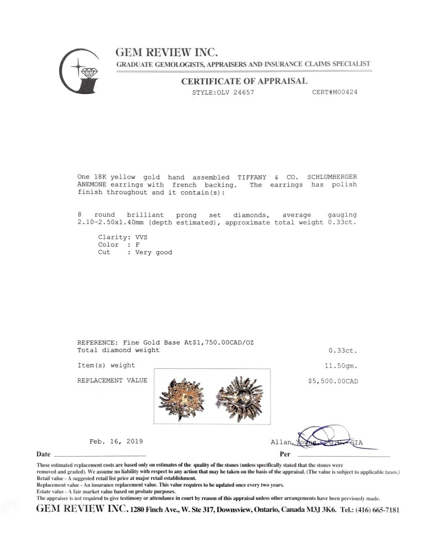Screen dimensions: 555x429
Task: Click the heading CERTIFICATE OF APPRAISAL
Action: click(244, 81)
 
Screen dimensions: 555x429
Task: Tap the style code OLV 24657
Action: click(235, 92)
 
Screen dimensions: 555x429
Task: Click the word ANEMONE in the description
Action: click(92, 185)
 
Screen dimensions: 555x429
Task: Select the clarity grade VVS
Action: click(141, 237)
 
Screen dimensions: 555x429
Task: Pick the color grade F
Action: click(137, 245)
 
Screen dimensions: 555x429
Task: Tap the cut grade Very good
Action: click(154, 253)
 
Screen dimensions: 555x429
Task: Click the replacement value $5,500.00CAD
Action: click(333, 381)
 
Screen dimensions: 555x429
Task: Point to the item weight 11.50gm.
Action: click(341, 366)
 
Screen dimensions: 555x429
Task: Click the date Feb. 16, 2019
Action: click(116, 441)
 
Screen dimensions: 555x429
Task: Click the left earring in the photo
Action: click(182, 396)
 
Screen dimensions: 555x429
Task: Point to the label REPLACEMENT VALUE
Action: click(112, 380)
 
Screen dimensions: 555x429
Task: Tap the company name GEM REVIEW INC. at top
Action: click(167, 52)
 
